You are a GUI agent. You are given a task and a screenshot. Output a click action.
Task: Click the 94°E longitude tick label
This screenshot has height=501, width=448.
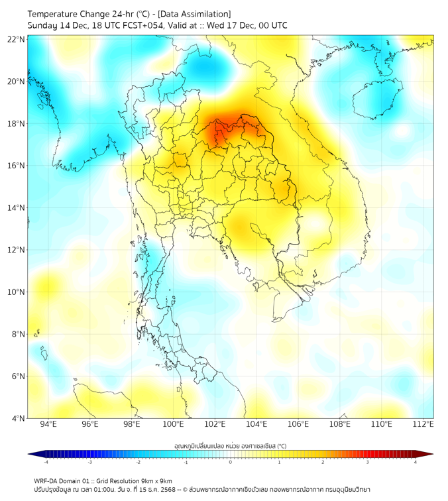coord(48,425)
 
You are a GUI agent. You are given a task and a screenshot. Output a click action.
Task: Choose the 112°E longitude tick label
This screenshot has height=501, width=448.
coord(423,425)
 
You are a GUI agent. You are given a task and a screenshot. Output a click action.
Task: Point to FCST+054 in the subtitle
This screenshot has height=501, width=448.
coord(139,25)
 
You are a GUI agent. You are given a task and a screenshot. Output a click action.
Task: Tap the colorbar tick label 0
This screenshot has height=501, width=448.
coord(230,462)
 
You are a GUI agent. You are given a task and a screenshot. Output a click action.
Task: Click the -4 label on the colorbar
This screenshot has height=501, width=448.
coord(45,462)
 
